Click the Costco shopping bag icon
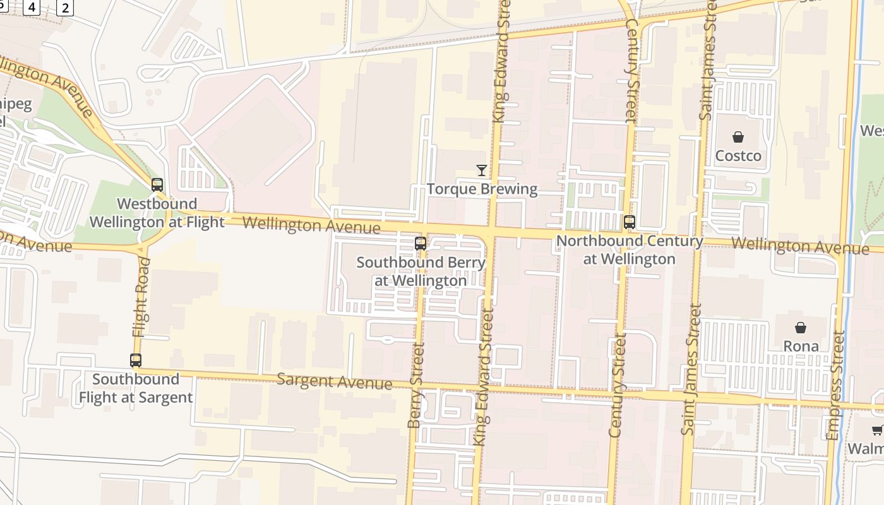tap(738, 137)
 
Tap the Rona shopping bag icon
tap(801, 328)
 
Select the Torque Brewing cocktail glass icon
tap(482, 170)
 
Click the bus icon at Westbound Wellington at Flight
tap(157, 185)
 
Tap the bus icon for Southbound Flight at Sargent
tap(136, 360)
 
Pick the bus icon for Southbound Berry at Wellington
tap(421, 243)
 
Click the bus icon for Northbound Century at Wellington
tap(630, 222)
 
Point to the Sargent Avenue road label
tap(335, 381)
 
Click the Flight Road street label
tap(141, 297)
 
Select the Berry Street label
tap(415, 385)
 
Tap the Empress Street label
tap(836, 385)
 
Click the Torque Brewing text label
tap(482, 189)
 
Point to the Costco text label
tap(738, 156)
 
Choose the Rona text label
tap(801, 347)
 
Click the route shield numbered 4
tap(32, 8)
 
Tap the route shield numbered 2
tap(64, 8)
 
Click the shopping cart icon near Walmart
tap(877, 431)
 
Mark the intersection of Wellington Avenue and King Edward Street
tap(491, 232)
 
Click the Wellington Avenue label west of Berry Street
tap(311, 225)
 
